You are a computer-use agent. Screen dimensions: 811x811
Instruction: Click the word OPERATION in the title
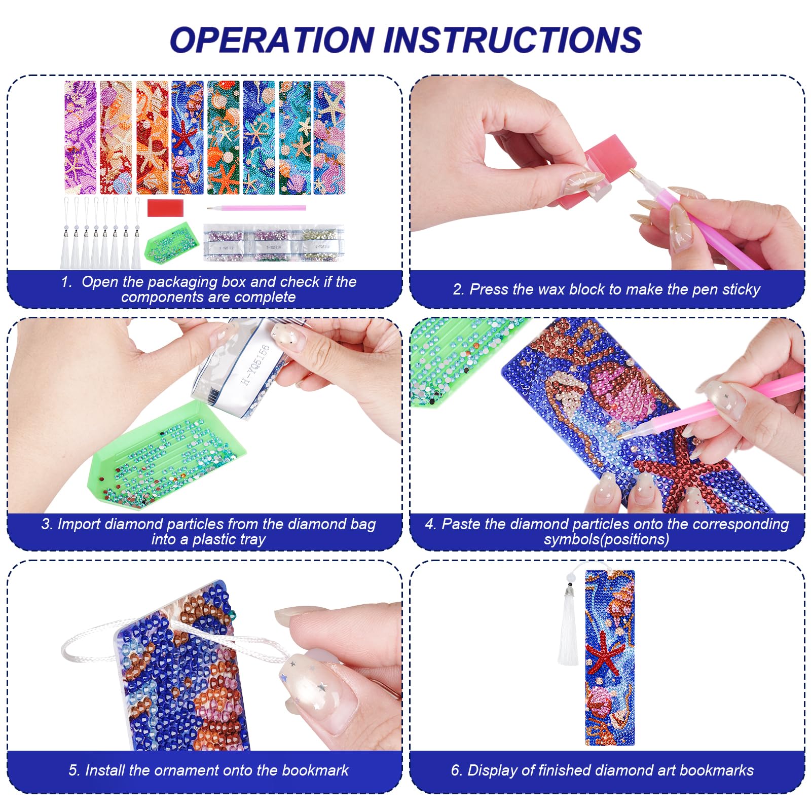272,40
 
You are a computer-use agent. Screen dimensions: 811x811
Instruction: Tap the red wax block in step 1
165,207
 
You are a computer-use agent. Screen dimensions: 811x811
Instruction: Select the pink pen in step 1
256,208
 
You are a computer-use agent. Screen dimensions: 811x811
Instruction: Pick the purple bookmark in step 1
80,137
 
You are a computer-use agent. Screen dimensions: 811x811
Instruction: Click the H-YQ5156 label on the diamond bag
255,364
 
